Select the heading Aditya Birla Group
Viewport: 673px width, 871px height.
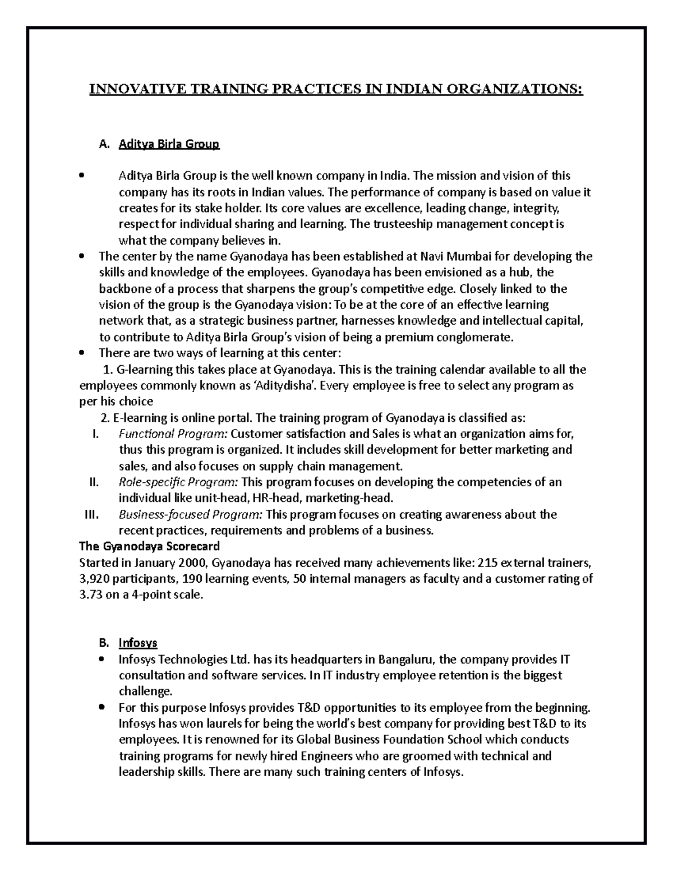[169, 144]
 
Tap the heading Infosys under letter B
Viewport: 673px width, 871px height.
[137, 643]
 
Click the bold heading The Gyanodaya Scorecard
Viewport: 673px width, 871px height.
[149, 546]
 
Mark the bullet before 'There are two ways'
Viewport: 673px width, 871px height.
[82, 354]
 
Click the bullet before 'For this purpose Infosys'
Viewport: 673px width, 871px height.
[102, 707]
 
